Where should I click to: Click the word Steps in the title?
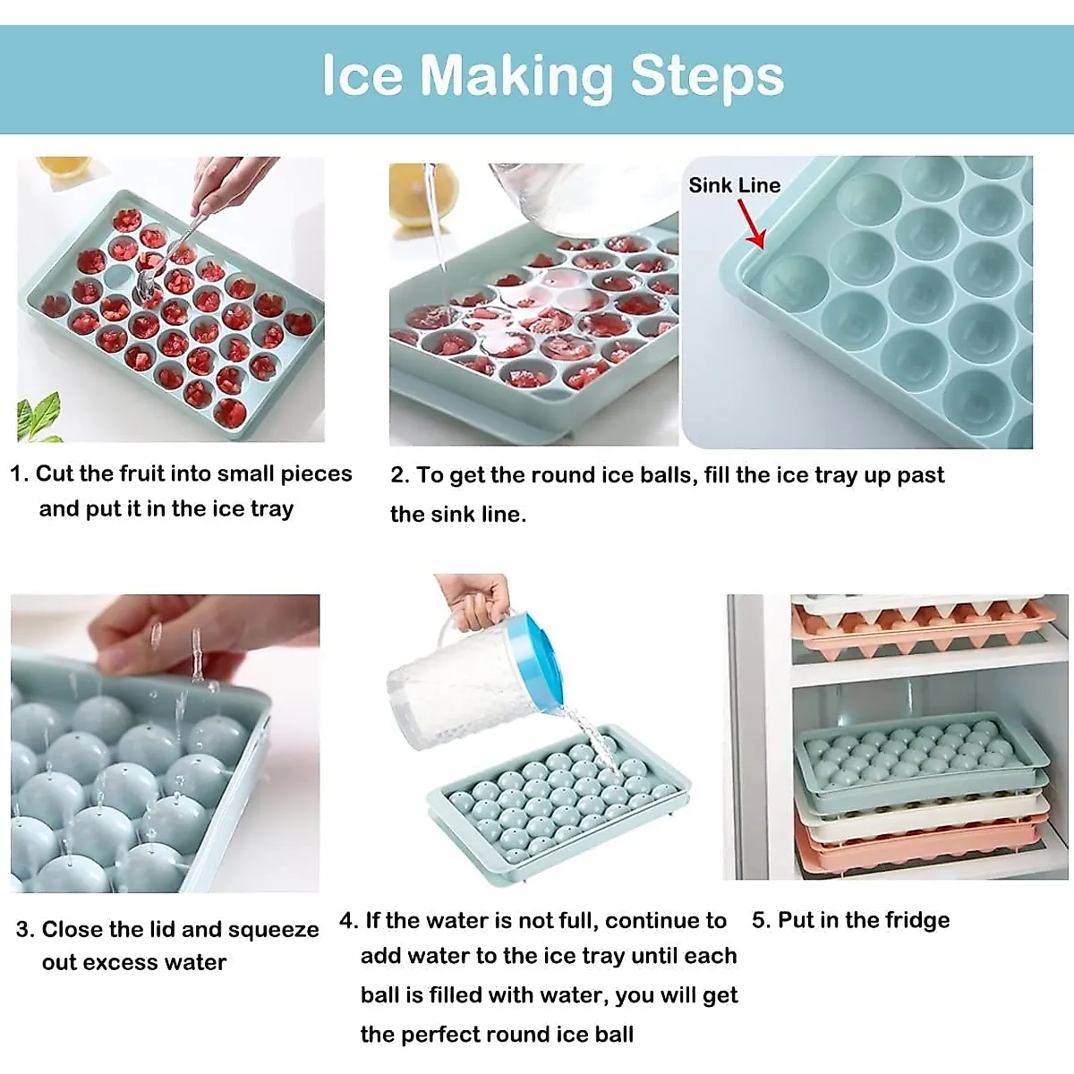click(706, 76)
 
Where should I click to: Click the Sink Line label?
click(734, 185)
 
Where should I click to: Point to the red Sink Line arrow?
click(751, 225)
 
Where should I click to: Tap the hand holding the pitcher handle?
click(474, 598)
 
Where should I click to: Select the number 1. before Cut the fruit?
click(19, 473)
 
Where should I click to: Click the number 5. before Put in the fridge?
click(760, 920)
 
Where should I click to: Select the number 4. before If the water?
click(348, 921)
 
